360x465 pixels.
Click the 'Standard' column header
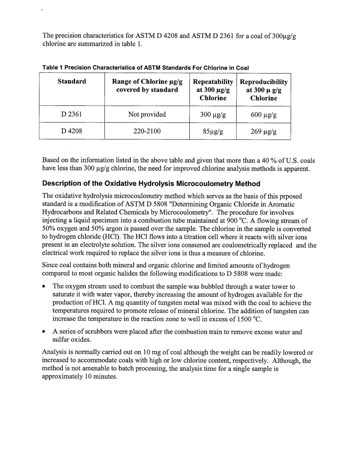(x=72, y=81)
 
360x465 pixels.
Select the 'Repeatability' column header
(x=213, y=82)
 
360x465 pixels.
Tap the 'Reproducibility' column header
(x=263, y=82)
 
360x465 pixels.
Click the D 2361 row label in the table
(x=72, y=114)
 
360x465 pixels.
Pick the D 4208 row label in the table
(x=72, y=131)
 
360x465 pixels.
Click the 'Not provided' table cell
(x=147, y=114)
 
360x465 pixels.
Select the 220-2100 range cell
(x=147, y=131)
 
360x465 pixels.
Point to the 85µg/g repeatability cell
(x=213, y=131)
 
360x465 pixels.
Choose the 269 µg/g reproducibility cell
(x=263, y=131)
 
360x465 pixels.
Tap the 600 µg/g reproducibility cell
(x=263, y=115)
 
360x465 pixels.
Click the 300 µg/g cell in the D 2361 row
(x=213, y=115)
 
